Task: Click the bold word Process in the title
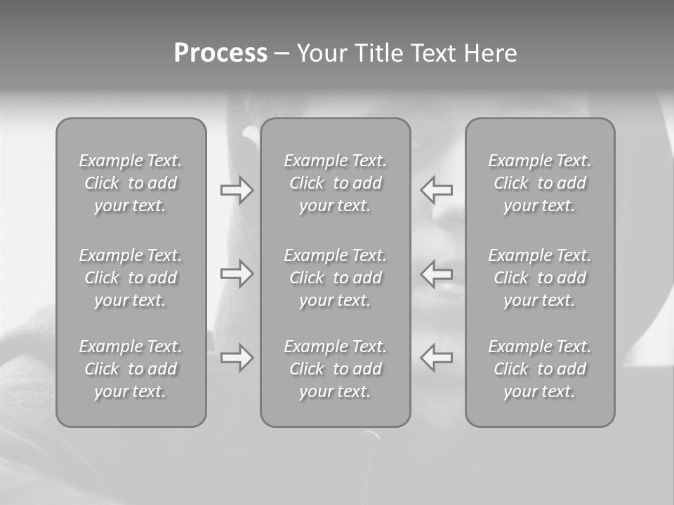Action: click(x=220, y=53)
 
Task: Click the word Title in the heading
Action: click(x=377, y=53)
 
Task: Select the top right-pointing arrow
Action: click(x=237, y=190)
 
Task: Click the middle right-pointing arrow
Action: click(x=237, y=273)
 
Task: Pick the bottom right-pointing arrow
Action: click(x=237, y=357)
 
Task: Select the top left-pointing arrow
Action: click(x=436, y=190)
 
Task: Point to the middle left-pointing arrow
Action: click(x=436, y=273)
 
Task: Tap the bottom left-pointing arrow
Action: click(x=436, y=357)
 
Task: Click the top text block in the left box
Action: click(x=131, y=183)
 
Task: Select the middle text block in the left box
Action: click(x=131, y=278)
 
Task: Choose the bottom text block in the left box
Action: click(x=131, y=369)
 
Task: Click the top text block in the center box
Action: click(x=336, y=183)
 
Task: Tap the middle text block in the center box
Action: click(x=336, y=278)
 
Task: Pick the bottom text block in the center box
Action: click(x=336, y=369)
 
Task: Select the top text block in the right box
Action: click(x=540, y=183)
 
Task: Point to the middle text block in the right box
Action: click(x=540, y=278)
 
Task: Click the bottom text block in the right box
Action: click(x=540, y=369)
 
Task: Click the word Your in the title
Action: click(x=321, y=53)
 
